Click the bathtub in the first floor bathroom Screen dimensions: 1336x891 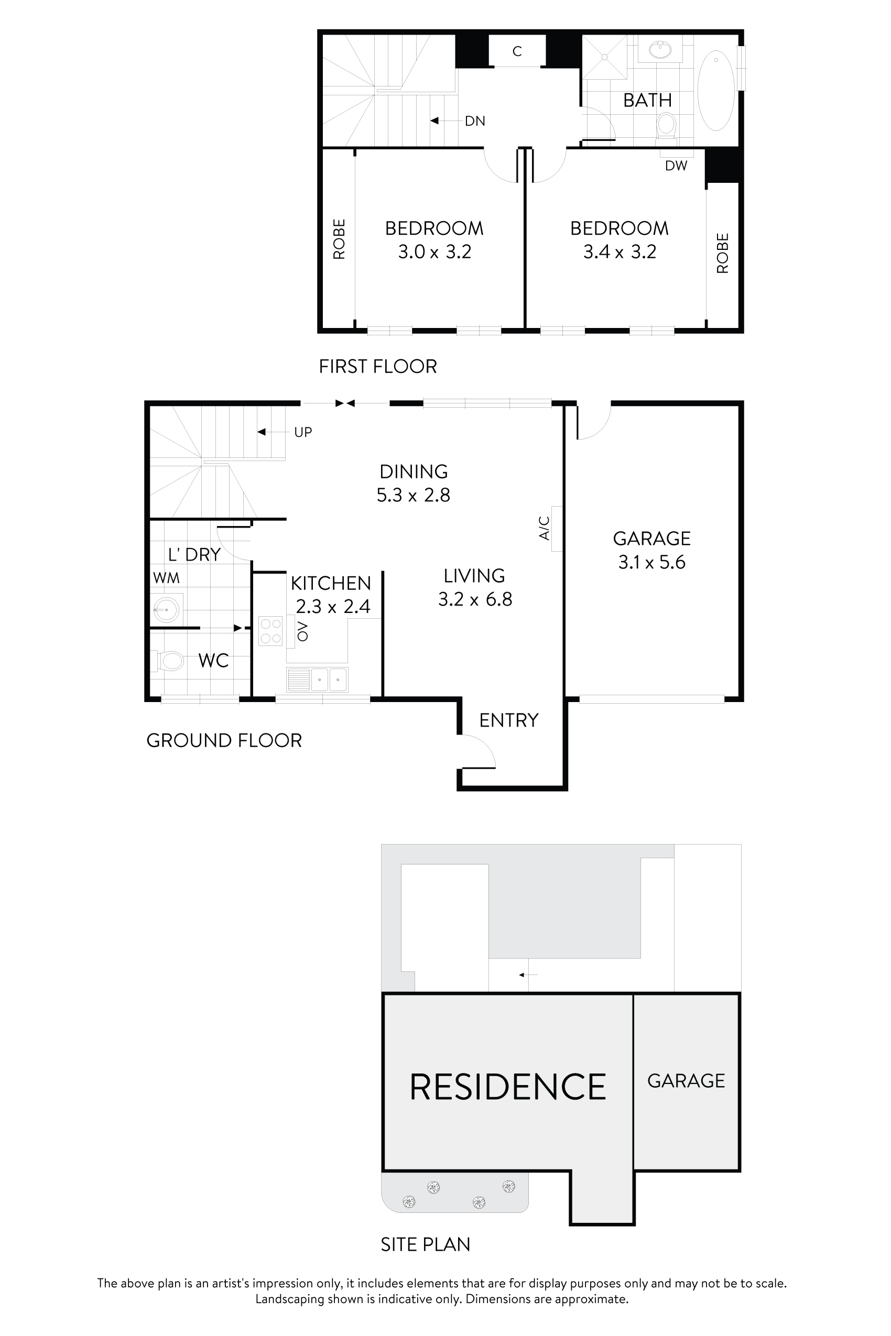pyautogui.click(x=716, y=91)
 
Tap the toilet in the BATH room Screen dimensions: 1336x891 pyautogui.click(x=666, y=125)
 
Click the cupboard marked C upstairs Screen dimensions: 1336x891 pyautogui.click(x=517, y=51)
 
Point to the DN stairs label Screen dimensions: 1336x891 pyautogui.click(x=474, y=121)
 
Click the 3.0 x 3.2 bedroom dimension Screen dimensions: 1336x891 pyautogui.click(x=434, y=251)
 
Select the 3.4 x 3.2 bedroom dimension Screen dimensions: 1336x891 pyautogui.click(x=620, y=251)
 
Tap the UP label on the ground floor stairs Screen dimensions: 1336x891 pyautogui.click(x=303, y=432)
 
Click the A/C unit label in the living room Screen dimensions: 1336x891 pyautogui.click(x=545, y=528)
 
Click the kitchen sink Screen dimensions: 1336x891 pyautogui.click(x=329, y=680)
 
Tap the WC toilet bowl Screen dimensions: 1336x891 pyautogui.click(x=170, y=661)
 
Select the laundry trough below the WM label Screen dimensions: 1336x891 pyautogui.click(x=167, y=609)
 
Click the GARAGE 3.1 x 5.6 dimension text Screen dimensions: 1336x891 pyautogui.click(x=652, y=562)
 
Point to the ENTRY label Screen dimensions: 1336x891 pyautogui.click(x=508, y=720)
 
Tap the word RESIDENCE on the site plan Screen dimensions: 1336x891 pyautogui.click(x=507, y=1087)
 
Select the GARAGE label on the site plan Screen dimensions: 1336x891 pyautogui.click(x=686, y=1081)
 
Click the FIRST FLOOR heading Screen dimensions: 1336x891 pyautogui.click(x=378, y=366)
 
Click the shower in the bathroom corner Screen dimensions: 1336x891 pyautogui.click(x=604, y=57)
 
